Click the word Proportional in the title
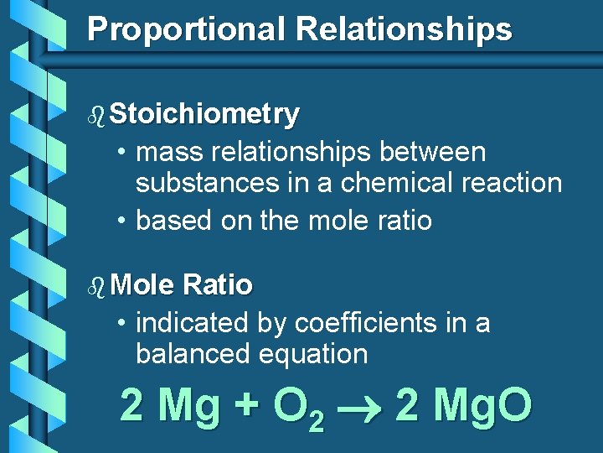pos(187,29)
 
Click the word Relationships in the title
pos(403,29)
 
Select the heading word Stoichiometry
pos(204,115)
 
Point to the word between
pos(432,153)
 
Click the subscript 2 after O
pos(316,420)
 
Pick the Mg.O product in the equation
pos(483,407)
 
